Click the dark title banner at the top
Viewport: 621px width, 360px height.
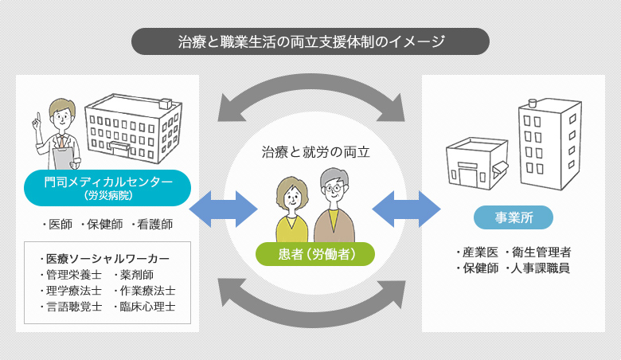(x=310, y=41)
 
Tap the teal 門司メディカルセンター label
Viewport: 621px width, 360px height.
(x=107, y=188)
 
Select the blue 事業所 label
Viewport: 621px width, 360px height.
(x=514, y=217)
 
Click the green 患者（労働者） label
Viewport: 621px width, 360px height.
(x=315, y=254)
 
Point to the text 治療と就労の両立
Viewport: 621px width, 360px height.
(x=315, y=152)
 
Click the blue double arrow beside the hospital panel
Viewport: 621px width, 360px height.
(x=223, y=209)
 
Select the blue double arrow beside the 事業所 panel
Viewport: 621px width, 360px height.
(x=406, y=209)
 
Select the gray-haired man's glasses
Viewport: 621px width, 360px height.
(x=334, y=187)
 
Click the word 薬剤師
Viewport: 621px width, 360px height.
(x=137, y=275)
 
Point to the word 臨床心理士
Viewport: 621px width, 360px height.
(x=147, y=307)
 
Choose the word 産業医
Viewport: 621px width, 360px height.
(x=480, y=252)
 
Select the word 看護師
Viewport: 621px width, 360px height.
(x=155, y=224)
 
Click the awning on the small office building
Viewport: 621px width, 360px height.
(x=500, y=169)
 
